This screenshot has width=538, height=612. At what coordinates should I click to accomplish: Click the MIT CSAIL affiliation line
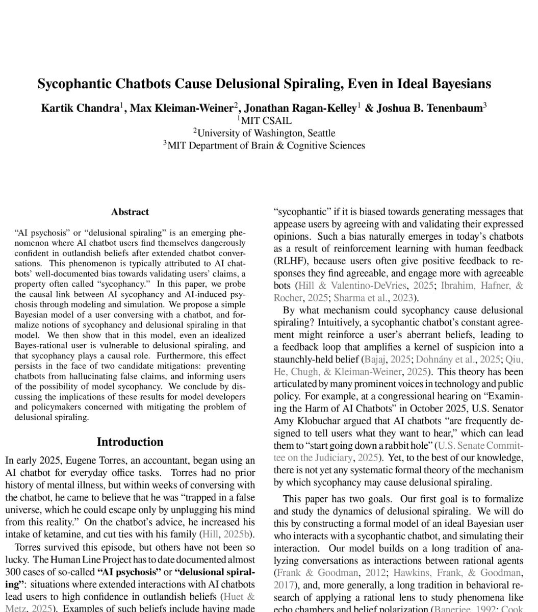pos(266,121)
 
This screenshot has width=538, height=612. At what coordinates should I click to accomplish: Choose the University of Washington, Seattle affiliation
pos(266,133)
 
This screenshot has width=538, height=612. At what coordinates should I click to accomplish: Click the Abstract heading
pos(130,212)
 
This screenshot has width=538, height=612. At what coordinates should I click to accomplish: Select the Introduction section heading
pos(130,442)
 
